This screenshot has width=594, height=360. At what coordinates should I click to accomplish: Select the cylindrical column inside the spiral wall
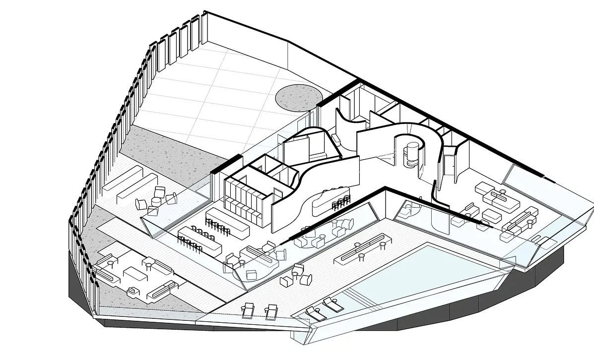[411, 155]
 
